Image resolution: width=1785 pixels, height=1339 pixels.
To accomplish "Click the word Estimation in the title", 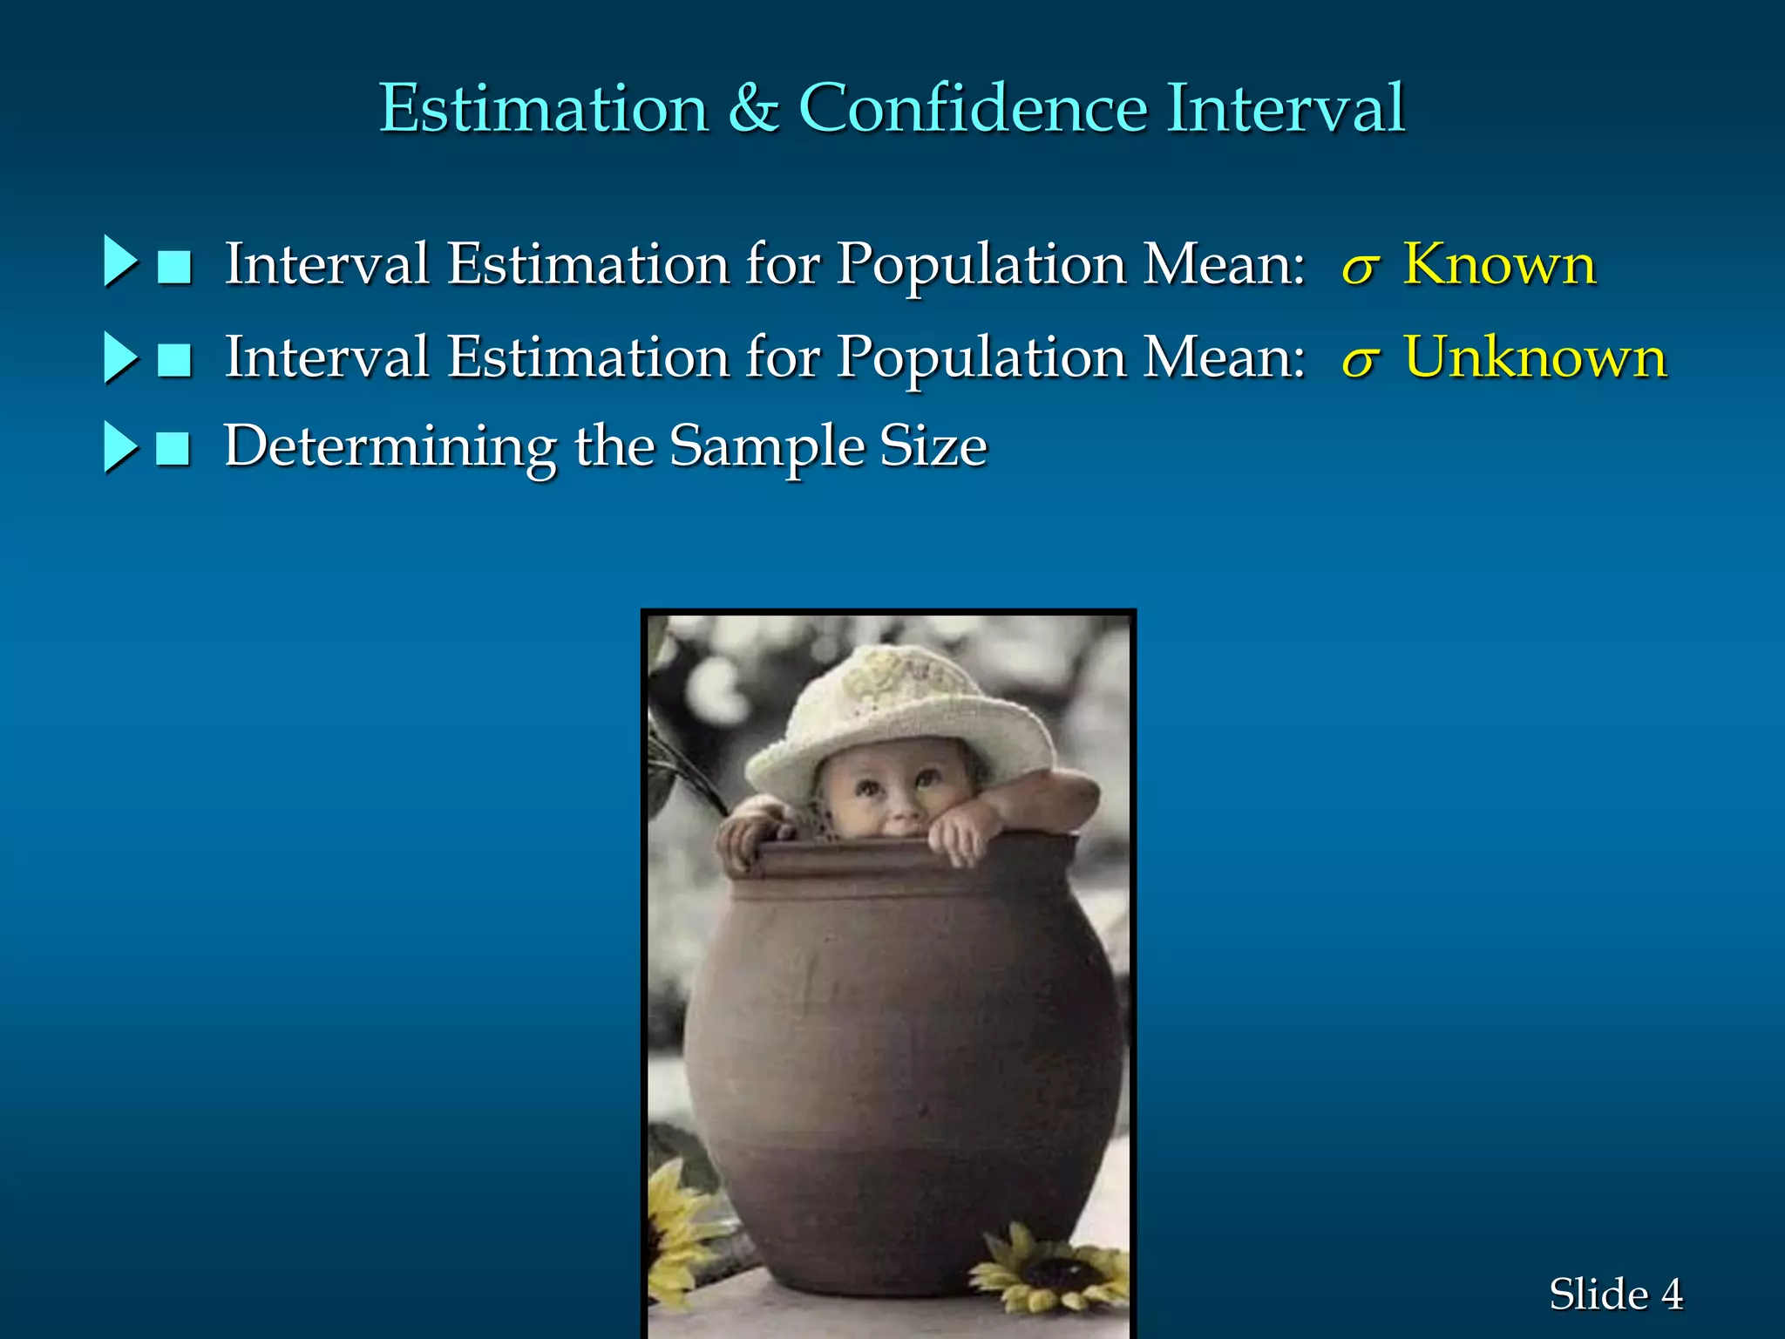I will click(544, 108).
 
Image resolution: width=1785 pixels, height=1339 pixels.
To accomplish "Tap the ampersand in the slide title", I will click(753, 108).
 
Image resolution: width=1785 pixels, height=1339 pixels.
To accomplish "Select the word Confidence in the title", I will click(973, 108).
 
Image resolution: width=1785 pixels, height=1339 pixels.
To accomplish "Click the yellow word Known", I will click(1499, 263).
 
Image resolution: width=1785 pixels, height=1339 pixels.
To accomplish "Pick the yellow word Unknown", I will click(1536, 357).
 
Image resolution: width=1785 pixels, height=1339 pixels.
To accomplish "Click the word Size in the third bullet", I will click(933, 446).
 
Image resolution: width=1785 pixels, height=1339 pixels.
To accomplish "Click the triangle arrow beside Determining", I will click(119, 447).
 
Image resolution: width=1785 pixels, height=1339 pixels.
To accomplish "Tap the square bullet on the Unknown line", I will click(174, 358).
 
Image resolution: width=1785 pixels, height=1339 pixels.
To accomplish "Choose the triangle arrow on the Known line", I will click(119, 261).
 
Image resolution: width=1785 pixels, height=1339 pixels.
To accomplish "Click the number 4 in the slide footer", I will click(1671, 1295).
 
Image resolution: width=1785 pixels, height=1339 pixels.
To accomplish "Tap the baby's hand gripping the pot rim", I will click(959, 833).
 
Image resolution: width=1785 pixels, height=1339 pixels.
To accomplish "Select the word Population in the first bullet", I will click(981, 264).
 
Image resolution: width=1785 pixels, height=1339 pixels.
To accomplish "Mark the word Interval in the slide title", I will click(1286, 108).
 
